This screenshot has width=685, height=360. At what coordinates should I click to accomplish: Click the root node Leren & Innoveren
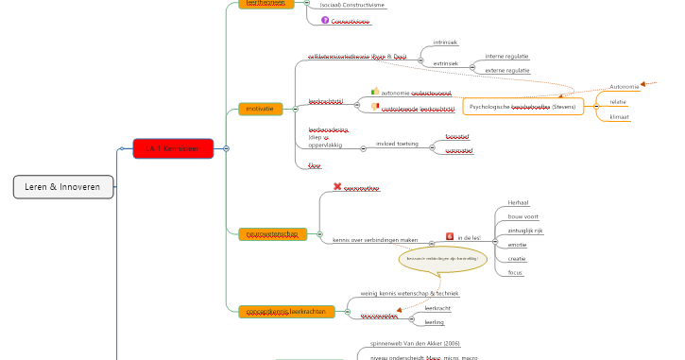click(x=63, y=187)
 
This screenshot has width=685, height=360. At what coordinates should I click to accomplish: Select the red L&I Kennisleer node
click(x=173, y=148)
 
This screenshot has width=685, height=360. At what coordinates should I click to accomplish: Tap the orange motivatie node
click(x=260, y=109)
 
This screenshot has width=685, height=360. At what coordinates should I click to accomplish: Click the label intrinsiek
click(x=445, y=43)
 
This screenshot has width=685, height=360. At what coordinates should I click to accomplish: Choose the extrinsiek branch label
click(x=446, y=63)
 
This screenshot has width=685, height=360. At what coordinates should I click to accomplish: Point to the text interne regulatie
click(x=506, y=56)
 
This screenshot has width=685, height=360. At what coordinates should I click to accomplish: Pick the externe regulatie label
click(x=506, y=70)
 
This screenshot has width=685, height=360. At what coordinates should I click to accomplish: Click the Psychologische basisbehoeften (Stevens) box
click(x=522, y=107)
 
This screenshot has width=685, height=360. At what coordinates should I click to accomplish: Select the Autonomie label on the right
click(x=625, y=87)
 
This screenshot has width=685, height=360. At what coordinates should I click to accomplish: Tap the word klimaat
click(x=619, y=117)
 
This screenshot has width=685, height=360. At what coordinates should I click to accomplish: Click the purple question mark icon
click(x=325, y=20)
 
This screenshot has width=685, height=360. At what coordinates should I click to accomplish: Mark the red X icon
click(x=337, y=187)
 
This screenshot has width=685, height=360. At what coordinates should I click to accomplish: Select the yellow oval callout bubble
click(x=443, y=258)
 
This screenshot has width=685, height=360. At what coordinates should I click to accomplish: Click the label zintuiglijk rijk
click(x=525, y=230)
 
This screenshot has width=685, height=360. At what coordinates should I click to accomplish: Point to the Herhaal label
click(x=518, y=202)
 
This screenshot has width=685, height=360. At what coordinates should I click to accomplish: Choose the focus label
click(x=515, y=272)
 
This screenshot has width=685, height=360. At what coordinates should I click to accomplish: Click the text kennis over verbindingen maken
click(x=375, y=239)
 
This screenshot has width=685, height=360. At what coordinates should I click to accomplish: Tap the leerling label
click(x=435, y=322)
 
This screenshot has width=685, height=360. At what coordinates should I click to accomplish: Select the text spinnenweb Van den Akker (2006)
click(x=415, y=343)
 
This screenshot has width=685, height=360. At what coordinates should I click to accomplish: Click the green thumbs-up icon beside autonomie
click(x=374, y=92)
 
